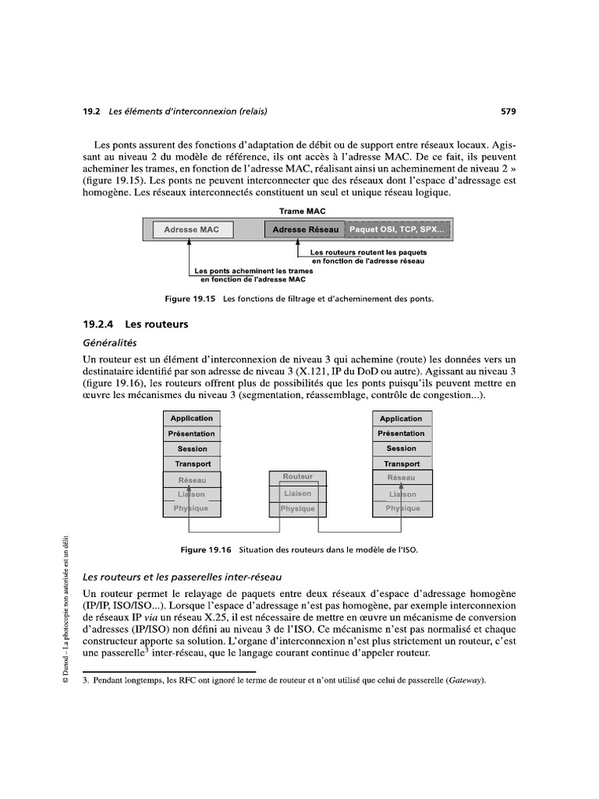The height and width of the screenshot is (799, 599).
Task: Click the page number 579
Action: (508, 112)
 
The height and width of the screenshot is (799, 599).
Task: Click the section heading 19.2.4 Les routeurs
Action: (136, 324)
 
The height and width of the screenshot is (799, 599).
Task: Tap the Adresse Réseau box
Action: (305, 229)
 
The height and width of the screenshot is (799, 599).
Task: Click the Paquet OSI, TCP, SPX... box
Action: (396, 229)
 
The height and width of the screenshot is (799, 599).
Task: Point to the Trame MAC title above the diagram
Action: (303, 211)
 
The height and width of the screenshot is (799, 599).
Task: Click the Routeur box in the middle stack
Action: (298, 477)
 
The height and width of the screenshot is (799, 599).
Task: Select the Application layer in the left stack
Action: (192, 419)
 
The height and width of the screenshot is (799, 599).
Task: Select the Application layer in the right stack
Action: (401, 419)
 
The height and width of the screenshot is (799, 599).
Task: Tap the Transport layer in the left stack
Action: (192, 463)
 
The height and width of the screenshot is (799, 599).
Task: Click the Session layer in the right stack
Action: (401, 449)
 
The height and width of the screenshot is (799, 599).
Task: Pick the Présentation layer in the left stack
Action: (192, 434)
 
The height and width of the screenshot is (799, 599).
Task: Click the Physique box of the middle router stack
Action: (298, 509)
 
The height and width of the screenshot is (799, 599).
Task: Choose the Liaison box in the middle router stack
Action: (298, 493)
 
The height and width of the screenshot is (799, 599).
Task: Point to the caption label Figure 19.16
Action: (207, 549)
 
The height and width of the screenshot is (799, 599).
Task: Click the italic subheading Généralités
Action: (109, 342)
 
